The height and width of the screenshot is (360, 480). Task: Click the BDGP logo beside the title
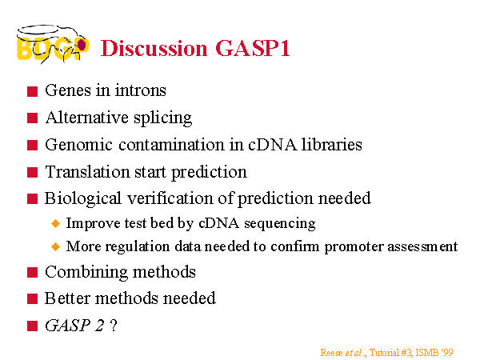[x=53, y=44]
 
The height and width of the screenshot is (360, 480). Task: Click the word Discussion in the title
[x=154, y=48]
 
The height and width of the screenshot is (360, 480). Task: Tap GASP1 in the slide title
[x=253, y=48]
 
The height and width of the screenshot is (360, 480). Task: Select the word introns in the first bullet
[x=141, y=90]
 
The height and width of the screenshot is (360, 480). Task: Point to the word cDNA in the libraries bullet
[x=273, y=145]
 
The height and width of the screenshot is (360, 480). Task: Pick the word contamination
[x=171, y=145]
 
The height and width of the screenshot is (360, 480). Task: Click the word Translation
[x=87, y=172]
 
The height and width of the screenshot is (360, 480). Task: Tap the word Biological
[x=83, y=199]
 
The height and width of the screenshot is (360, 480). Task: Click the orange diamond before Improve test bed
[x=56, y=223]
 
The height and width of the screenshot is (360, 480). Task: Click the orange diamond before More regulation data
[x=56, y=246]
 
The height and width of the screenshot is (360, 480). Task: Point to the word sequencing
[x=280, y=224]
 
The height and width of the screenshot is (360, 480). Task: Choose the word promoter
[x=354, y=247]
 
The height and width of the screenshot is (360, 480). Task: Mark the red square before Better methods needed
[x=32, y=298]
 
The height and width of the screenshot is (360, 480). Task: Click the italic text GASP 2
[x=74, y=326]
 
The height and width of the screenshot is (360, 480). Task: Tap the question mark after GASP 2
[x=114, y=326]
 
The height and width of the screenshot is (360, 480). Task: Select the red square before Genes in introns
[x=32, y=91]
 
